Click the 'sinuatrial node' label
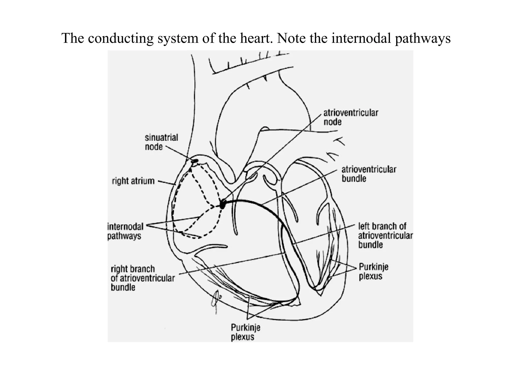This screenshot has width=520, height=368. [161, 142]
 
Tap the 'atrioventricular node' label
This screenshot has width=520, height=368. [351, 117]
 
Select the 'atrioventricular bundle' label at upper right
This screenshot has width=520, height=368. [368, 174]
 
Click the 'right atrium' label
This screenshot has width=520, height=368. [133, 181]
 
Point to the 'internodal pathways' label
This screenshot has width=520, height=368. [125, 231]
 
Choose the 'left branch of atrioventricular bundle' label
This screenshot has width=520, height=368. [385, 236]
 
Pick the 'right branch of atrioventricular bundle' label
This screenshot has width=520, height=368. [142, 278]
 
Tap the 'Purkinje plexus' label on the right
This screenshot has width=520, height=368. [373, 271]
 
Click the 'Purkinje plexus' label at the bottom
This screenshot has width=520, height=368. [245, 332]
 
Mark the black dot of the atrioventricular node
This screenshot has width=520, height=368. [222, 204]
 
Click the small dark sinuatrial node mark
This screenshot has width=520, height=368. [195, 161]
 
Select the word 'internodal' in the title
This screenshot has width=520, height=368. [361, 38]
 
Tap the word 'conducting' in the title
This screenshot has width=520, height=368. [121, 38]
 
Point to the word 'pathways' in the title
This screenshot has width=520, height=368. [422, 39]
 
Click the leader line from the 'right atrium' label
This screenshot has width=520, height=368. [166, 182]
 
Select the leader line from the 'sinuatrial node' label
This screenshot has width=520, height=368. [179, 153]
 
